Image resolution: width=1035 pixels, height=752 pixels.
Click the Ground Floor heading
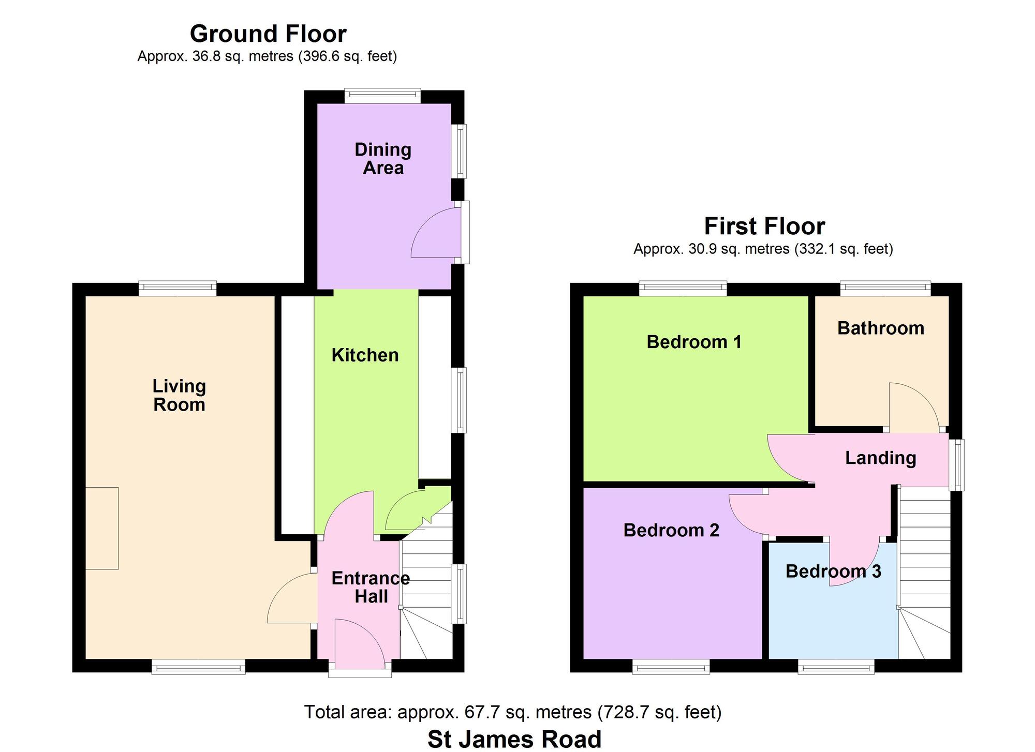268,34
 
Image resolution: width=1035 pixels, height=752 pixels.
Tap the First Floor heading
764,227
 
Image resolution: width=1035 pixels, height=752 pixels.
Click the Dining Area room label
383,159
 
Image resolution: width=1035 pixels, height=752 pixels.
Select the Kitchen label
365,355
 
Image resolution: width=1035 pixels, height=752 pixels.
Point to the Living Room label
179,395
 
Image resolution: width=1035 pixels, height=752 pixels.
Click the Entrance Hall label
371,588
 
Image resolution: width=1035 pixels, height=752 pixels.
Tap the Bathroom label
881,328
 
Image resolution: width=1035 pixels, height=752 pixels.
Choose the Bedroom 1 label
694,342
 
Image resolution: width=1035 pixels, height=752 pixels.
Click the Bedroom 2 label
671,530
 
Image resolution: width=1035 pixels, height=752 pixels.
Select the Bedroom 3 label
833,571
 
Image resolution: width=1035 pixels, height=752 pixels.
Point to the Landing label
881,458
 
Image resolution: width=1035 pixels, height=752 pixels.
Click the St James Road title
514,739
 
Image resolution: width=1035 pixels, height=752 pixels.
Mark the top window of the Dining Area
382,94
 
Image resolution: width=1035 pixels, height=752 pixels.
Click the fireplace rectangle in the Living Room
102,528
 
